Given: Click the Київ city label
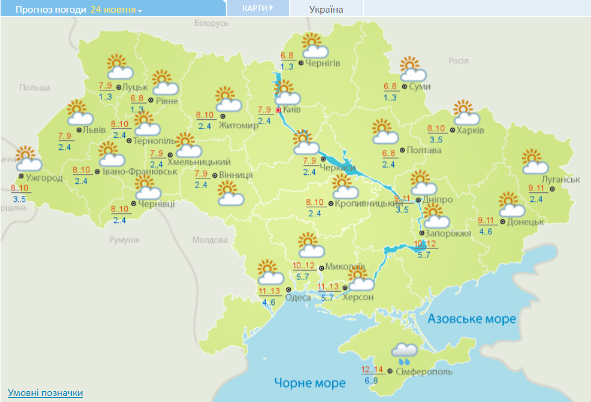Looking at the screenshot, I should (x=292, y=110).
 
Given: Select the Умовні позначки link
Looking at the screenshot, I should (x=45, y=393).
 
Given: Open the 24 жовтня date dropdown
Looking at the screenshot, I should (x=116, y=10).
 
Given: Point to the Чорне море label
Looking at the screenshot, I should (x=309, y=383).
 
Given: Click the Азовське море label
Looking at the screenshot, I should (x=472, y=318).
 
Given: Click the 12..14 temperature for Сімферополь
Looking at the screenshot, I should (x=372, y=369).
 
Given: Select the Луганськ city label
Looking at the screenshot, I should (x=561, y=180).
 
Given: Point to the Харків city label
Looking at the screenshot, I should (x=472, y=130).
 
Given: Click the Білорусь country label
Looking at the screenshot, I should (x=211, y=23).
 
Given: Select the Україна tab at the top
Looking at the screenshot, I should (x=326, y=9).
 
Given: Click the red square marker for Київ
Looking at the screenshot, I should (x=278, y=110).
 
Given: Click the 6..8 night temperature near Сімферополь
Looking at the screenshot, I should (x=371, y=380).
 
